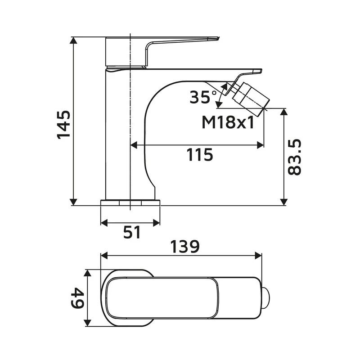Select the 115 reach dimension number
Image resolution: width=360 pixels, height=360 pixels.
(199, 155)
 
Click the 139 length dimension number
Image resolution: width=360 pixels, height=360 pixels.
(184, 247)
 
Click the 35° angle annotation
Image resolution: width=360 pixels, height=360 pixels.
(200, 97)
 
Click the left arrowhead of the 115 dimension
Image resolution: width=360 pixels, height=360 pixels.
(134, 145)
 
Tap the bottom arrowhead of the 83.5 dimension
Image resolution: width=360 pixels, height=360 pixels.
(283, 202)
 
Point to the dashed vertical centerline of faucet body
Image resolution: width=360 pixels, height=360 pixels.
(130, 135)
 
